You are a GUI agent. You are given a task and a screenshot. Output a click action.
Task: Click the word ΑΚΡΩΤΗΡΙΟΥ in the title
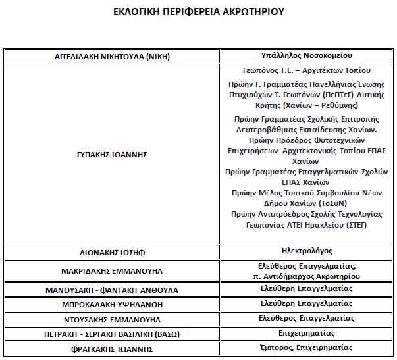pos(253,11)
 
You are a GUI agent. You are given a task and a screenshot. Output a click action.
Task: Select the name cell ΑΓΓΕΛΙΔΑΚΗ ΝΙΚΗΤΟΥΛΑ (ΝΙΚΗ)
pos(112,57)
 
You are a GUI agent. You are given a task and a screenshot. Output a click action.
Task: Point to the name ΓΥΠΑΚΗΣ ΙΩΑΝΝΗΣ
pos(112,155)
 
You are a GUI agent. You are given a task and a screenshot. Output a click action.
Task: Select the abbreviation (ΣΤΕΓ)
pos(355,225)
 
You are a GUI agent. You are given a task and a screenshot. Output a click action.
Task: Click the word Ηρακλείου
pos(322,225)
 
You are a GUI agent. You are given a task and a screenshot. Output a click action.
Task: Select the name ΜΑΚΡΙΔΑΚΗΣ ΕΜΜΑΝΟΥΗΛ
pos(112,271)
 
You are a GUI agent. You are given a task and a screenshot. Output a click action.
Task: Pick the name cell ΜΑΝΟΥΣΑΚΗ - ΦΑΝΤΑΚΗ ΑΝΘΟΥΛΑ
pos(112,290)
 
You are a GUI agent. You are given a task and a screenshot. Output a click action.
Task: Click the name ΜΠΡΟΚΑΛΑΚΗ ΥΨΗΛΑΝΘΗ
pos(112,305)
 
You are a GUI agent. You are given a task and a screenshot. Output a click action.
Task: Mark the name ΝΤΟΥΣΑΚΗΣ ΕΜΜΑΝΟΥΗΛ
pos(112,319)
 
